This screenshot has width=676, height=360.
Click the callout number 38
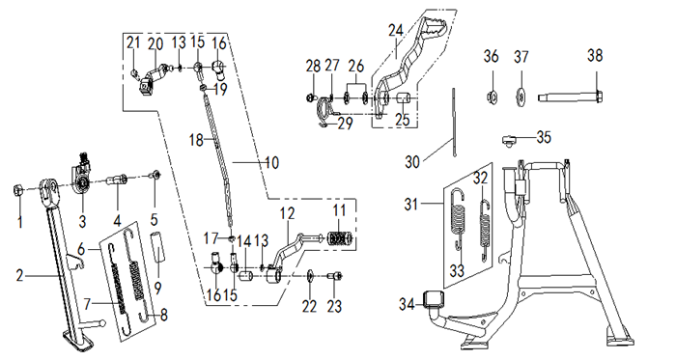595,56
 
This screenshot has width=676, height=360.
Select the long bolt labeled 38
570,97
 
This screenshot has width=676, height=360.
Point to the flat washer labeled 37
521,96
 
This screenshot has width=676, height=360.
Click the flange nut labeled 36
491,97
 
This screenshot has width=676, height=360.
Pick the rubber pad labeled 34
435,299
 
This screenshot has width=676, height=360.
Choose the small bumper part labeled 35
511,140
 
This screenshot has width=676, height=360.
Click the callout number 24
395,31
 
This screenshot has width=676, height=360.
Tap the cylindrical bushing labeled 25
403,98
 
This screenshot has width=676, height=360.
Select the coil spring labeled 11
341,238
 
